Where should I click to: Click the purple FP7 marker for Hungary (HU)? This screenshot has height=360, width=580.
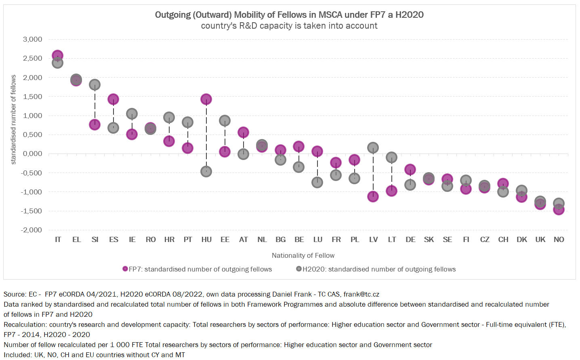[206, 99]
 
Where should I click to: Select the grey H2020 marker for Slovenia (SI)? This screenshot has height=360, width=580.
[95, 85]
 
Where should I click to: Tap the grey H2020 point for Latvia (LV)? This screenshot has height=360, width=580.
[373, 148]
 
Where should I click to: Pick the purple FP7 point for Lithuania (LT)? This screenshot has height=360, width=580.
[392, 191]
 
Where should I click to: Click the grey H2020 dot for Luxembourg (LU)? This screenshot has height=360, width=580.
[317, 182]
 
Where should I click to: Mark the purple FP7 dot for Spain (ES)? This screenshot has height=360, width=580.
[113, 99]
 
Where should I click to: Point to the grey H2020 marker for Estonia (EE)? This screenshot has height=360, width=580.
[225, 120]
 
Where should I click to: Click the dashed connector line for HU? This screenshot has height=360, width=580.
[206, 135]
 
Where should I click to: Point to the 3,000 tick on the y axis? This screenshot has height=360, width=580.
[33, 39]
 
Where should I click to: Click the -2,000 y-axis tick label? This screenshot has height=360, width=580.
[32, 230]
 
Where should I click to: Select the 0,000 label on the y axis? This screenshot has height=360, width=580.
[33, 154]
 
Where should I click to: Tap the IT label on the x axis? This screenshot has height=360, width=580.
[58, 240]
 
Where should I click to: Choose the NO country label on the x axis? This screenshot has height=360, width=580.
[559, 240]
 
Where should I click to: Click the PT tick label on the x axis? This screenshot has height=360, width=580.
[188, 240]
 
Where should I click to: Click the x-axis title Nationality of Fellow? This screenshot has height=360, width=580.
[303, 255]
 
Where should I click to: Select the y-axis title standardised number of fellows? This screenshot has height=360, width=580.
[13, 120]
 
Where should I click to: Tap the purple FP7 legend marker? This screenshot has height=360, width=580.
[125, 269]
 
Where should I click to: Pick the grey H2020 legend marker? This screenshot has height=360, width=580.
[299, 269]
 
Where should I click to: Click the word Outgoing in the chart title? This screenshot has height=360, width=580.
[173, 15]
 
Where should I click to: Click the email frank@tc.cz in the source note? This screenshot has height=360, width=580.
[361, 294]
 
